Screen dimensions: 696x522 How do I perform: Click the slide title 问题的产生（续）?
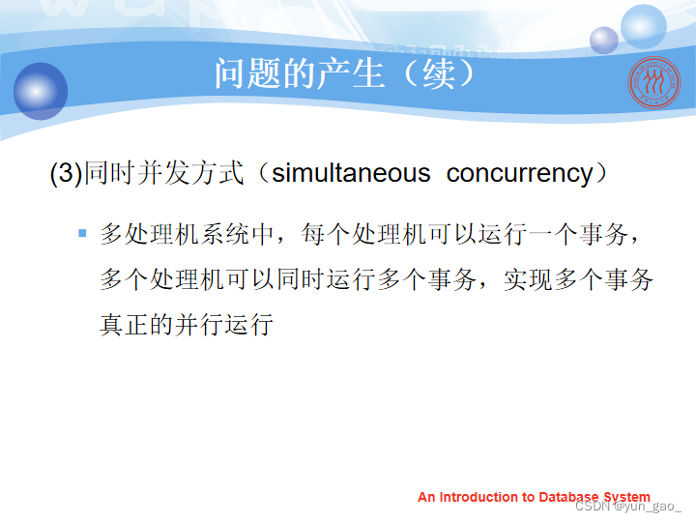pyautogui.click(x=345, y=73)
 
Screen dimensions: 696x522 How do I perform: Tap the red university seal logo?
pyautogui.click(x=653, y=82)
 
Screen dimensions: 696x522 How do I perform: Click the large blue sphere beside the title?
pyautogui.click(x=41, y=91)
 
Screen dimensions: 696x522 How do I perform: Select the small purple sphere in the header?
pyautogui.click(x=603, y=40)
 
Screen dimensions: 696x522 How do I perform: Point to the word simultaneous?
pyautogui.click(x=351, y=173)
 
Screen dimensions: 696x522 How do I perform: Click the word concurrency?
pyautogui.click(x=520, y=174)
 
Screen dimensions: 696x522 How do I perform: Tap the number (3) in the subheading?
pyautogui.click(x=67, y=173)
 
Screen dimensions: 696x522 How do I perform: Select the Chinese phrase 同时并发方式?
pyautogui.click(x=163, y=173)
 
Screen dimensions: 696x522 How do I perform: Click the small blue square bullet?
pyautogui.click(x=82, y=233)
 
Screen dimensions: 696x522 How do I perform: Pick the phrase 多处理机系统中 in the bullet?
pyautogui.click(x=187, y=234)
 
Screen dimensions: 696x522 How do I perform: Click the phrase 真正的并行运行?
pyautogui.click(x=187, y=325)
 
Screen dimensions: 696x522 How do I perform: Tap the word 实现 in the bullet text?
pyautogui.click(x=529, y=279)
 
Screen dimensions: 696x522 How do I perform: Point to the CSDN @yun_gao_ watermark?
pyautogui.click(x=628, y=506)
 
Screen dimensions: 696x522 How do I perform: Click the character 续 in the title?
pyautogui.click(x=438, y=73)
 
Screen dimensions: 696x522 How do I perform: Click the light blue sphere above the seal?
pyautogui.click(x=643, y=26)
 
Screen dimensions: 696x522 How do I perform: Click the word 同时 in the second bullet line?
pyautogui.click(x=302, y=279)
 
